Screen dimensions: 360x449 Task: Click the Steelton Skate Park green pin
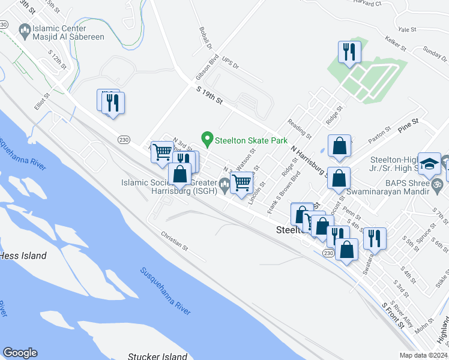click(208, 140)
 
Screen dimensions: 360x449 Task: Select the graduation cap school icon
click(430, 164)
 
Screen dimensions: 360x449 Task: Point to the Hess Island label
click(23, 256)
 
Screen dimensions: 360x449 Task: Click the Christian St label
click(175, 241)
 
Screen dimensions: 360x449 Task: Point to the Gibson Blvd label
click(206, 69)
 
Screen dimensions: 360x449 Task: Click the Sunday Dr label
click(435, 54)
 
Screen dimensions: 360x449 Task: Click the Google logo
click(20, 353)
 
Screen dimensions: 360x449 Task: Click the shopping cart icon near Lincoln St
click(241, 182)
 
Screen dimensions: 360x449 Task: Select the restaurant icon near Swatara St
click(375, 238)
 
